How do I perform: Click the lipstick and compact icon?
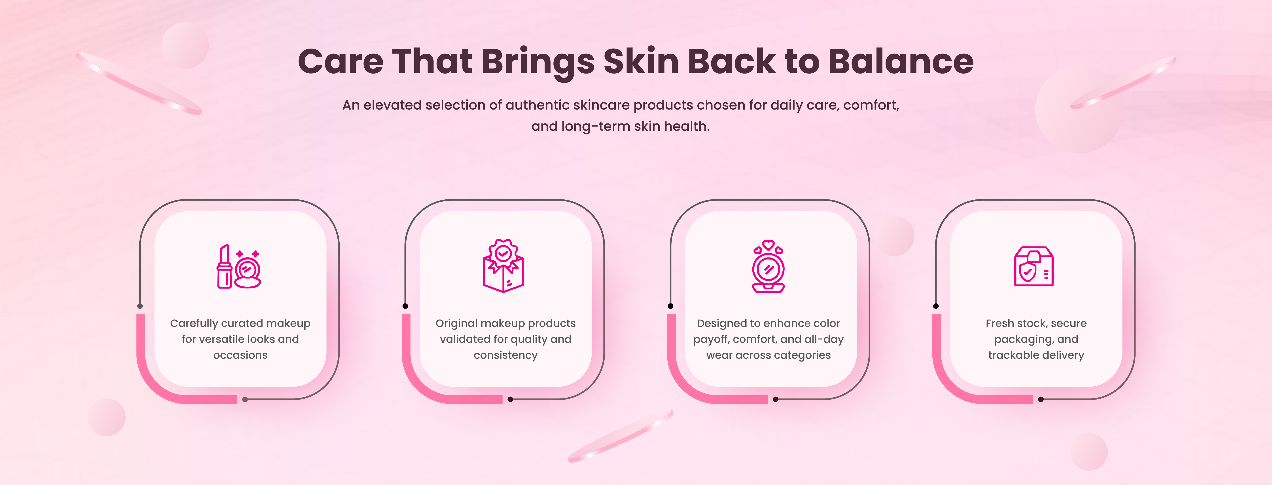click(x=239, y=267)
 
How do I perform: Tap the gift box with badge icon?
click(x=503, y=266)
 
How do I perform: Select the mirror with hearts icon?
click(x=768, y=266)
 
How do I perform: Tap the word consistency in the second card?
click(x=506, y=355)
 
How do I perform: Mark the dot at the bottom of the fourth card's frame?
click(x=1041, y=399)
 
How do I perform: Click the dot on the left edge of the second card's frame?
click(x=405, y=306)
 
